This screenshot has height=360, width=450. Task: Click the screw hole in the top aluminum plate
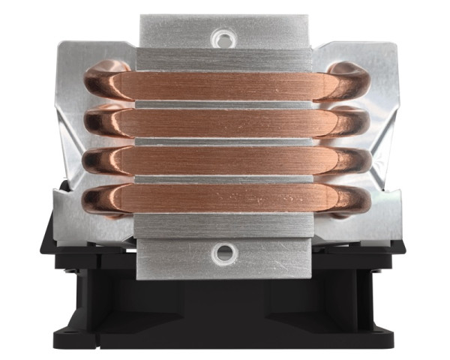[x=223, y=37]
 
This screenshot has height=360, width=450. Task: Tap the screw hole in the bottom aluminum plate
[x=223, y=253]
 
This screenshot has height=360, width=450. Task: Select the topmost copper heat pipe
[x=223, y=84]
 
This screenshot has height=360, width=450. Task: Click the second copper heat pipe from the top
[x=223, y=122]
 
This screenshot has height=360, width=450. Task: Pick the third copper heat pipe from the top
[x=223, y=160]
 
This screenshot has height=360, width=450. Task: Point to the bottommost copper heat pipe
[x=223, y=196]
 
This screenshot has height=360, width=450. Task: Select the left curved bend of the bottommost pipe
[x=97, y=199]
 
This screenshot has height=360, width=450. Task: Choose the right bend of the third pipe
[x=349, y=160]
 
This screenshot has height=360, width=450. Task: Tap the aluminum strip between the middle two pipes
[x=223, y=141]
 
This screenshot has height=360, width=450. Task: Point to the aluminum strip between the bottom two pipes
[x=223, y=178]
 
